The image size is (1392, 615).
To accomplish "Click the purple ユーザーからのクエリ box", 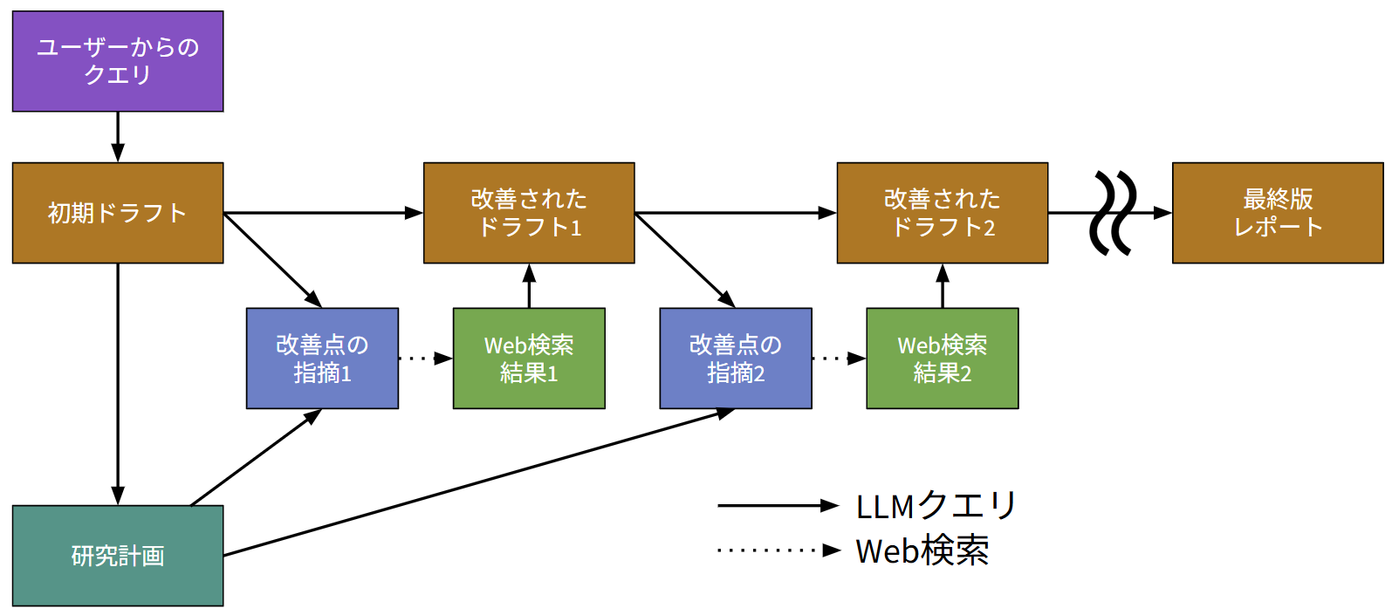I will [118, 61].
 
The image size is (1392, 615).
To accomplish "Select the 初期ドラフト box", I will [118, 213].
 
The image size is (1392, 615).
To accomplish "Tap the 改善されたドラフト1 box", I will [529, 213].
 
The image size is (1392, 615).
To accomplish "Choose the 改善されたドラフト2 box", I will [942, 213].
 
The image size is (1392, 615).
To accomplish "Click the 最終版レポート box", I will [1277, 213].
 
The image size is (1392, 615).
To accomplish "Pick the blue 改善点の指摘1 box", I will [322, 359].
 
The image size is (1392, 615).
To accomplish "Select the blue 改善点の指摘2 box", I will [736, 359].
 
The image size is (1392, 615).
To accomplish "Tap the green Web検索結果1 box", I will [529, 359].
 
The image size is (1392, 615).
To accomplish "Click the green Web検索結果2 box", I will [942, 359].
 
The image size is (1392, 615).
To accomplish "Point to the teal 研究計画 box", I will [118, 556].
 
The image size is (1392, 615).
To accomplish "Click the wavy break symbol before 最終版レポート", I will [1113, 213].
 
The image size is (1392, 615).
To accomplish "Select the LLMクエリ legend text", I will [936, 506].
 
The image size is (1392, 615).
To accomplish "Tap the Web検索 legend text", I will [922, 551].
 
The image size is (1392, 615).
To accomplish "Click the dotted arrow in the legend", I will [777, 550].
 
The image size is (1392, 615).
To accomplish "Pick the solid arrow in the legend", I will [777, 506].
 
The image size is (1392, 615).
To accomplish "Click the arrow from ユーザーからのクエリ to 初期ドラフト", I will [118, 137].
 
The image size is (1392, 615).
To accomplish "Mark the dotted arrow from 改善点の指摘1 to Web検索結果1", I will [425, 358].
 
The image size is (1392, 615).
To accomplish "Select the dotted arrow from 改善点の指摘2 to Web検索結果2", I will [839, 358].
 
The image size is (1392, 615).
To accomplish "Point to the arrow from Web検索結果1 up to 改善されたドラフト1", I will [529, 285].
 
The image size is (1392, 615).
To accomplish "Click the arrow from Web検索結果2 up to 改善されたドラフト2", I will [942, 285].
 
